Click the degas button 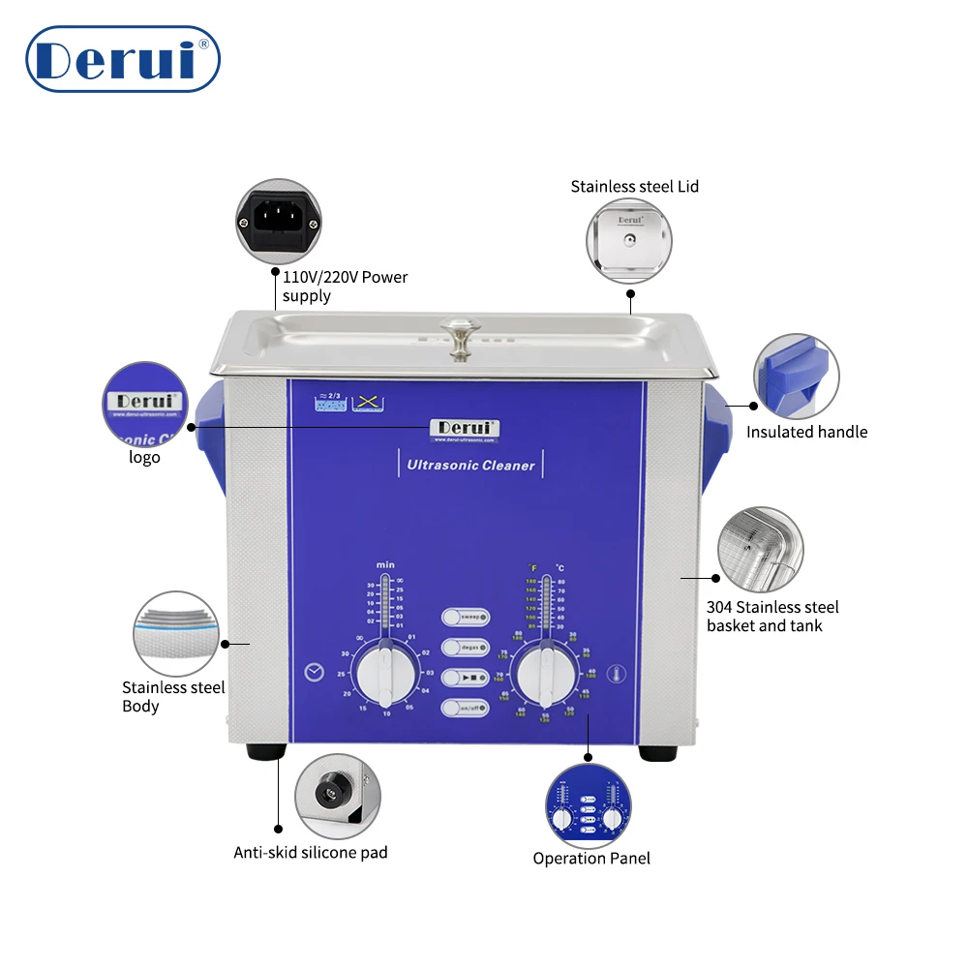[x=466, y=648]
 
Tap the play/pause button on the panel [x=466, y=678]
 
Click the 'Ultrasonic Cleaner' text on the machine [x=470, y=465]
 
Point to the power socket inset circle [x=278, y=221]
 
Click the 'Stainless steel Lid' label [x=634, y=186]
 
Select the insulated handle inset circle [x=797, y=377]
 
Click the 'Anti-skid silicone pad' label [x=311, y=853]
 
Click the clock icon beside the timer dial [x=313, y=674]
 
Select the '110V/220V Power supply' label [x=345, y=287]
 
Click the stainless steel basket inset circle [x=760, y=549]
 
